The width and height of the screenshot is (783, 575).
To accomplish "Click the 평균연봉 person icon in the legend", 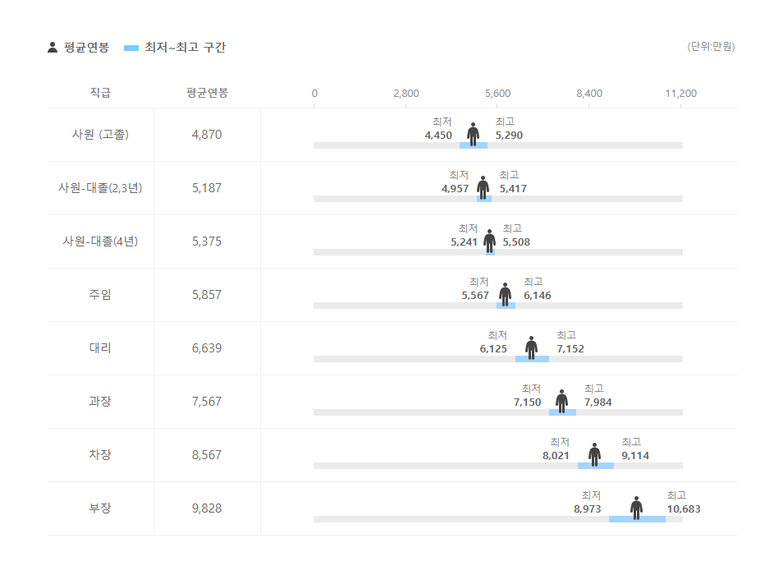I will [53, 48].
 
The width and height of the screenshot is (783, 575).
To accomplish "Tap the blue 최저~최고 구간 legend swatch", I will [131, 48].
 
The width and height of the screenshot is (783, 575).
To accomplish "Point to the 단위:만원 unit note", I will [711, 47].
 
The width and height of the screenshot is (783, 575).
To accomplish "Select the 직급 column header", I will [100, 93].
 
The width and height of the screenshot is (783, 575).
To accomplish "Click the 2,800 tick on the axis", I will [406, 94].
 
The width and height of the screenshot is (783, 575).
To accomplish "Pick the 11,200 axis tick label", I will [680, 94].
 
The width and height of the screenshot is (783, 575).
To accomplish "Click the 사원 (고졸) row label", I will [100, 135].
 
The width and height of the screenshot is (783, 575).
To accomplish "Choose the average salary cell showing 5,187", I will [207, 188].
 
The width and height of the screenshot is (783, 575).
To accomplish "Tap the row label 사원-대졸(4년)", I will [100, 241].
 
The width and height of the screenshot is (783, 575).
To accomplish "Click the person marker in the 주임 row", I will [505, 293].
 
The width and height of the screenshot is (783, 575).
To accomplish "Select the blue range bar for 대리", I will [532, 359].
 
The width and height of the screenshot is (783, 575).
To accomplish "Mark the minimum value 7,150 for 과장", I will [528, 402].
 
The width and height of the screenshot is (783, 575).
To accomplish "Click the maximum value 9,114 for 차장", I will [635, 456].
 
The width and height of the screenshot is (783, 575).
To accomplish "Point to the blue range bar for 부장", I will [637, 519].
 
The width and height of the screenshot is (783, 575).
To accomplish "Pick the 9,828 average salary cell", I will [207, 508].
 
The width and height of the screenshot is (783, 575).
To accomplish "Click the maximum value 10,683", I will [684, 509].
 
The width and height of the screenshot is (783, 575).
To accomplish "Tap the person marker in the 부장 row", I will [636, 507].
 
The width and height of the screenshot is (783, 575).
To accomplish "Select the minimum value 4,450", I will [438, 136].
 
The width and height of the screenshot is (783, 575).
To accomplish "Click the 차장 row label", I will [100, 455].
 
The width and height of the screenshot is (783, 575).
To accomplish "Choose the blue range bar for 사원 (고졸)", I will [474, 145].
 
